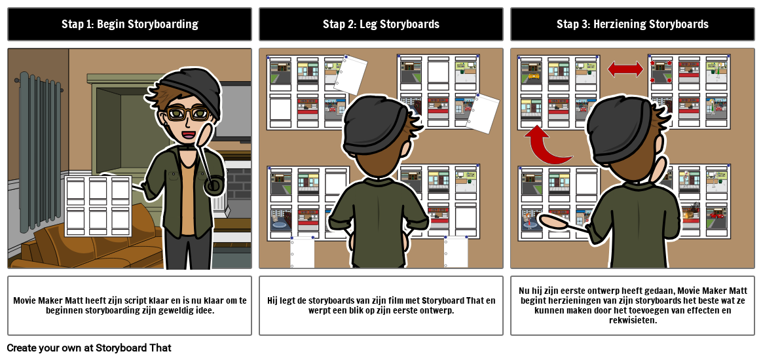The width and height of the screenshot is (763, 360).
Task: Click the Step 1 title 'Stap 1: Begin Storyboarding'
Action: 130,24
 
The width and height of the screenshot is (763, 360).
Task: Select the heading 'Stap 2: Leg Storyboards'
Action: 381,24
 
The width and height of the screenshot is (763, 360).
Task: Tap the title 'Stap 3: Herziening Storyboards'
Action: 632,24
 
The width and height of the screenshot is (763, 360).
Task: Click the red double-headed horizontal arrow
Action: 625,69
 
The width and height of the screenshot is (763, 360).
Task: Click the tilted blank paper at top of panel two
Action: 352,73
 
